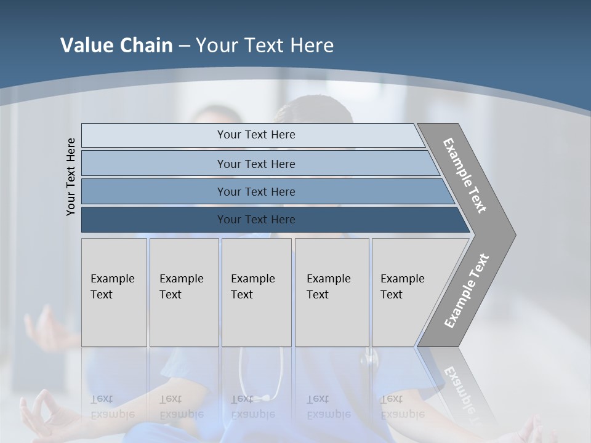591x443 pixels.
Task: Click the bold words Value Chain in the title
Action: pyautogui.click(x=116, y=46)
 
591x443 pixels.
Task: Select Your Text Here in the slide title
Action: pyautogui.click(x=265, y=46)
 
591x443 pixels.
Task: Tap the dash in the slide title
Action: pyautogui.click(x=184, y=46)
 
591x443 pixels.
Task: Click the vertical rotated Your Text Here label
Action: pyautogui.click(x=71, y=177)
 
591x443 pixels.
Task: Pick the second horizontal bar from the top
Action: pyautogui.click(x=255, y=164)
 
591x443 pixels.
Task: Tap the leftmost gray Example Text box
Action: pyautogui.click(x=114, y=292)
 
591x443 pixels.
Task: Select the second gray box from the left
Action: pyautogui.click(x=183, y=292)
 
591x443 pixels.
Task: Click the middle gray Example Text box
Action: pyautogui.click(x=256, y=292)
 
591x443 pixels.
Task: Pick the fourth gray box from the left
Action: pyautogui.click(x=331, y=292)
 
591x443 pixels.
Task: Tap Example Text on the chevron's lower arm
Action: pyautogui.click(x=467, y=290)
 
